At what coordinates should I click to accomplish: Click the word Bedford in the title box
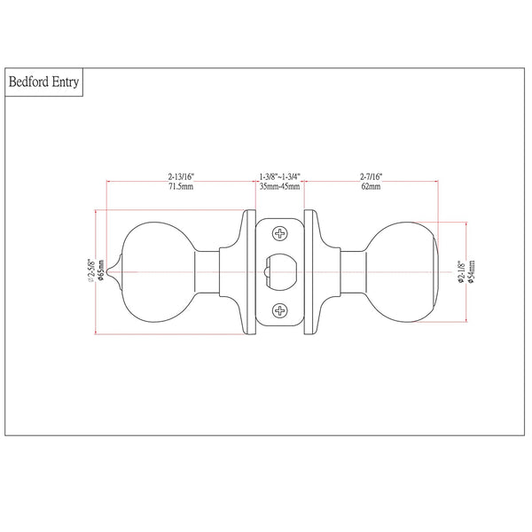[28, 82]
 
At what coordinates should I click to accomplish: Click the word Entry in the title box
[66, 82]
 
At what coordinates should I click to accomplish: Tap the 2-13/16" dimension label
[181, 176]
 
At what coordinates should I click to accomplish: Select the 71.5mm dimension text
[181, 186]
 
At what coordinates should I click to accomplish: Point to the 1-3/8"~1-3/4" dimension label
[280, 176]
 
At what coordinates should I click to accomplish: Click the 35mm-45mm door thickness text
[280, 186]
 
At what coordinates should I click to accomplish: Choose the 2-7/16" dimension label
[371, 176]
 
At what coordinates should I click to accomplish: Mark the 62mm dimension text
[371, 186]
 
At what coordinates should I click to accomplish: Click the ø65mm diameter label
[101, 270]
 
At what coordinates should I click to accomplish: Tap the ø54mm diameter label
[472, 271]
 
